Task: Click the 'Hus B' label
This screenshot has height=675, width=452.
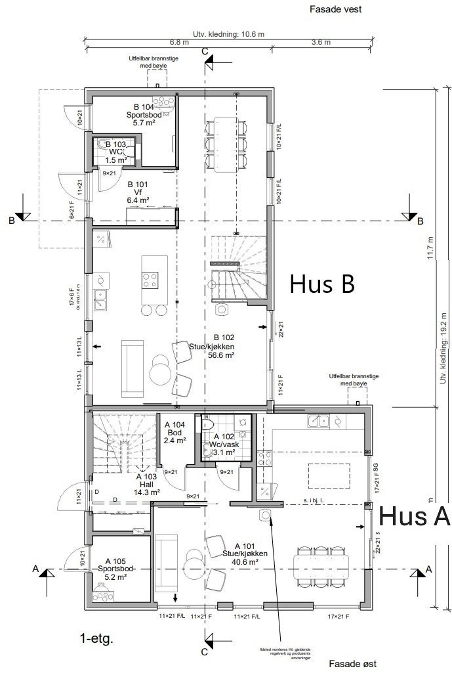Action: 322,284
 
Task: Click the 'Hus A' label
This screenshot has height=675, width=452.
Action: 415,516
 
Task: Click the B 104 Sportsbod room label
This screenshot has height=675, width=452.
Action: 144,114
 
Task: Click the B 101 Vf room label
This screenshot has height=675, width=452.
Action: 138,192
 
